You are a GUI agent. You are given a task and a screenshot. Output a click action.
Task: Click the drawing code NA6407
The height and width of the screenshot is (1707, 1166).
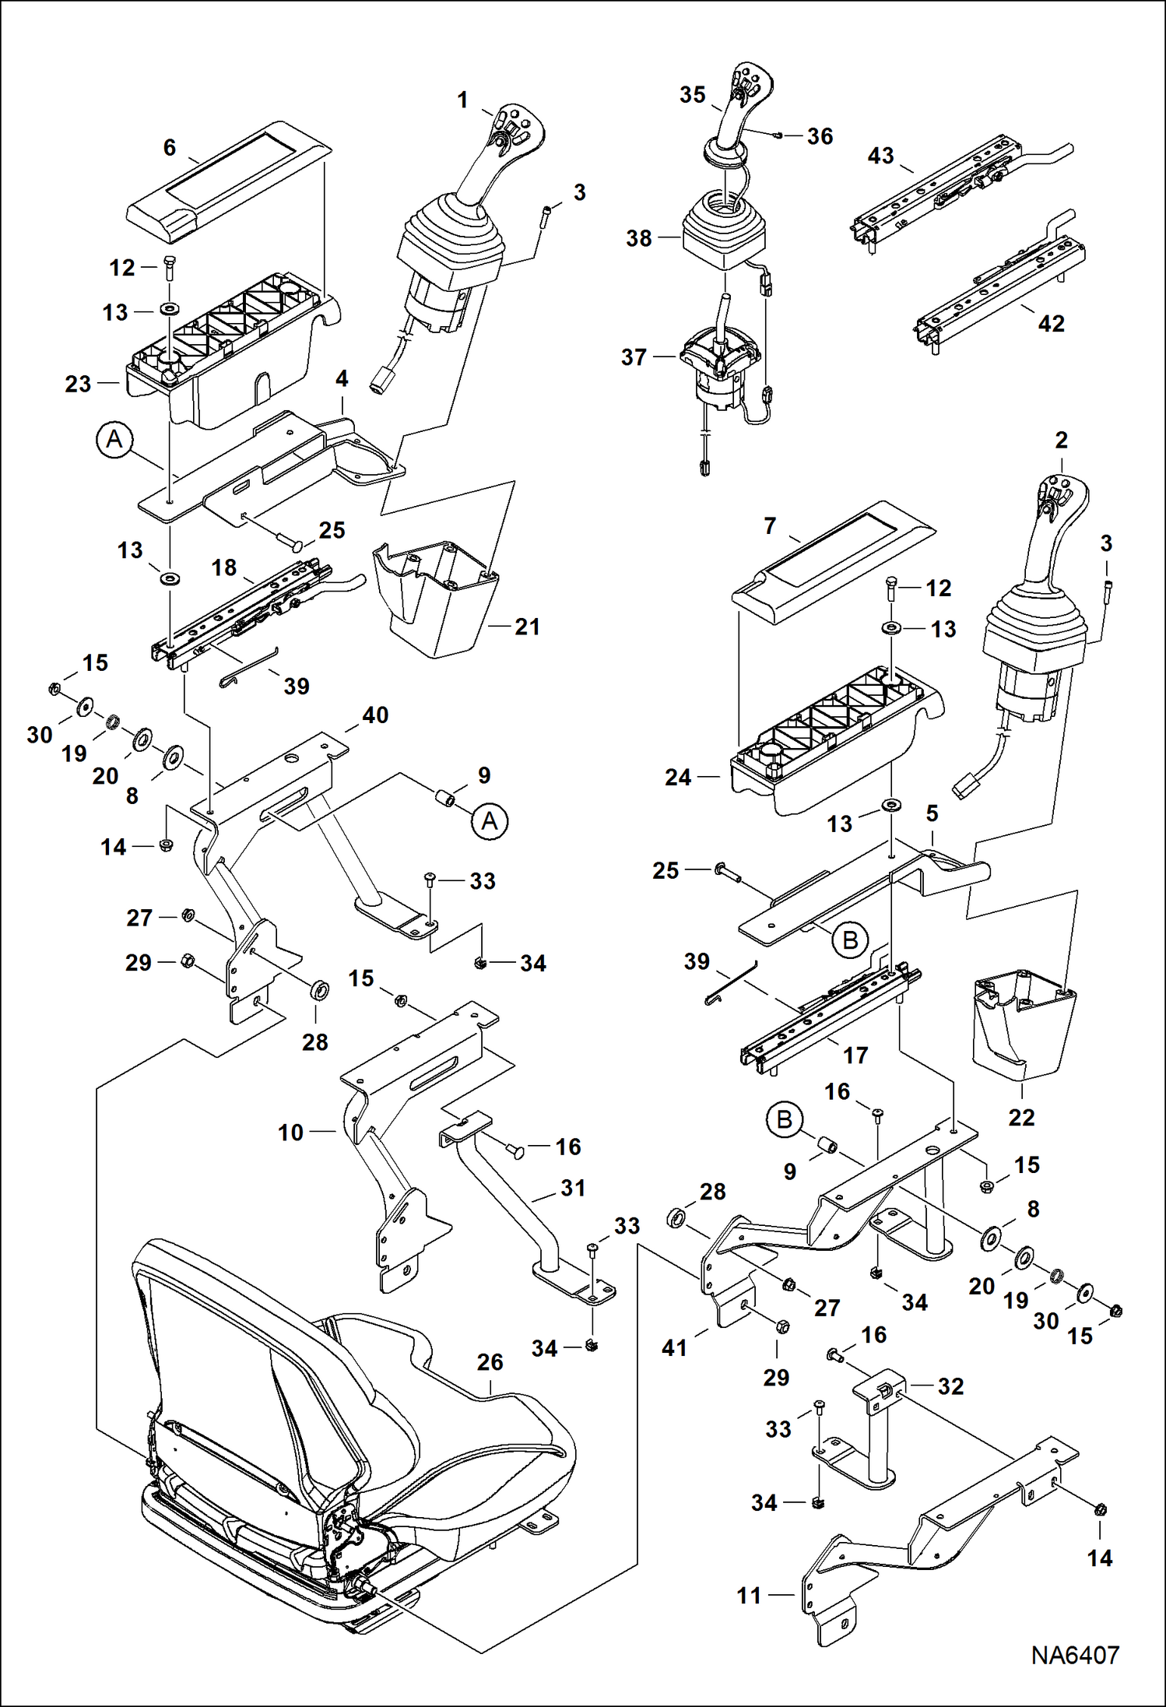coord(1075,1655)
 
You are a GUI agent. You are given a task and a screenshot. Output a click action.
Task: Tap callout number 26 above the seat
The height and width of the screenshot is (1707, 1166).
coord(490,1362)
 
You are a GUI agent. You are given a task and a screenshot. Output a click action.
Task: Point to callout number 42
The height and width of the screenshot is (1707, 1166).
coord(1051,323)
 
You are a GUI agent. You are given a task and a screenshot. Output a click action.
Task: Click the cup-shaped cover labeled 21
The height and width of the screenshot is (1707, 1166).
coord(436,603)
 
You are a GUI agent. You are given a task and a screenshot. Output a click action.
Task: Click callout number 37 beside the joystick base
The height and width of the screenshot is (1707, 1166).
coord(634,357)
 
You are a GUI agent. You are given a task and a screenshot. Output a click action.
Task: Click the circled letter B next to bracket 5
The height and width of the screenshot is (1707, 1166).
coord(850,940)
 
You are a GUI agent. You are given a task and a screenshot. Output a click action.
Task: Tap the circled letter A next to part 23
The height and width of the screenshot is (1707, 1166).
coord(114,440)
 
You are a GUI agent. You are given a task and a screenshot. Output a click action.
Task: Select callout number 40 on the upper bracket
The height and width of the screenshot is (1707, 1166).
coord(375,715)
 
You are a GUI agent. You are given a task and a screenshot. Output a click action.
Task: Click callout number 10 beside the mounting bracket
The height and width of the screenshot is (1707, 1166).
coord(290,1133)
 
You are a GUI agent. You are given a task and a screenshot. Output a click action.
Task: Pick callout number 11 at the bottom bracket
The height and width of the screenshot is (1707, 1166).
coord(749,1595)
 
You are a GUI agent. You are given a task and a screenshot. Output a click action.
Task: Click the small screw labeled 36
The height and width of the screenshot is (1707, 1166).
coord(778,135)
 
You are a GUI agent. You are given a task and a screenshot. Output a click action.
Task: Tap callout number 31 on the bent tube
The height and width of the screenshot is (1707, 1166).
coord(573,1188)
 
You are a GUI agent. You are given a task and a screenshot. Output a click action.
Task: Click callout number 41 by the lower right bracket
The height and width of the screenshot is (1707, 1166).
coord(674,1347)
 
